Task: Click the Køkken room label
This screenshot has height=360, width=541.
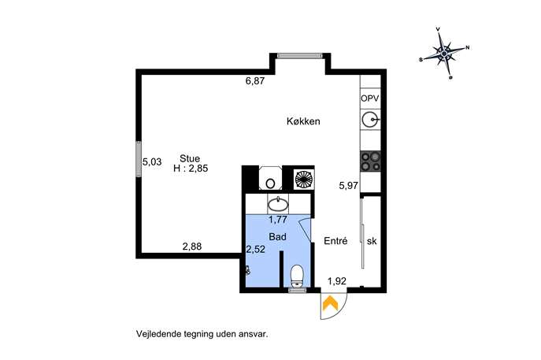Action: [303, 121]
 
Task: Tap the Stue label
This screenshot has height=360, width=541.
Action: [190, 158]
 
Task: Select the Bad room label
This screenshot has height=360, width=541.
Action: [278, 237]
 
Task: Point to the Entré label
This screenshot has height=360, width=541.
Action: [335, 241]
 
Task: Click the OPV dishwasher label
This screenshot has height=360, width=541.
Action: [370, 98]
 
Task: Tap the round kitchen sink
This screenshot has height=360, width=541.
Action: [371, 120]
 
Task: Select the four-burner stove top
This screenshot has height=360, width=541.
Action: [371, 161]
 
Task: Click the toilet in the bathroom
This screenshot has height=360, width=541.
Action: [297, 276]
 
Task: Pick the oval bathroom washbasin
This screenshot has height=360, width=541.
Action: [278, 204]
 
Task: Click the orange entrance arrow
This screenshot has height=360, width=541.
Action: [331, 303]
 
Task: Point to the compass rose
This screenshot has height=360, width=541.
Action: [445, 53]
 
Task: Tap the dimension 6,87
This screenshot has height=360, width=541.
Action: [255, 81]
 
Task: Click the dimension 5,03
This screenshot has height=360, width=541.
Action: [152, 161]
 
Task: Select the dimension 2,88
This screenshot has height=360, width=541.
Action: [192, 247]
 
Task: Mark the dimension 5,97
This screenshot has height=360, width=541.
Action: [349, 186]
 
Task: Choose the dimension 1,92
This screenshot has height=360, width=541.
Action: [337, 281]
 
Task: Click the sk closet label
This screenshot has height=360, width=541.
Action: [372, 241]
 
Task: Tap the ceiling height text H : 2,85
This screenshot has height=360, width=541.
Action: [191, 169]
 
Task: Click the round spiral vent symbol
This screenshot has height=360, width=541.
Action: [304, 180]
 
